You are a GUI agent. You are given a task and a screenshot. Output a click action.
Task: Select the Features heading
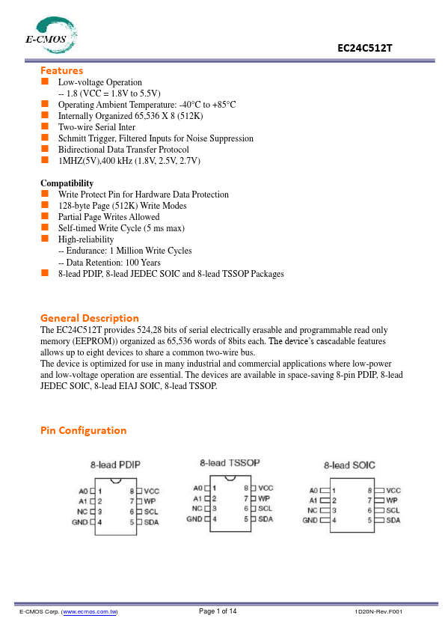point(61,70)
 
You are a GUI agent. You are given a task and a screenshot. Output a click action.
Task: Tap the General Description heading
point(89,317)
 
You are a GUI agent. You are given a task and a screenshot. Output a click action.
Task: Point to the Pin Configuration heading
point(83,430)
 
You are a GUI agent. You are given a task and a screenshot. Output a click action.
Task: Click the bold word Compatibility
point(67,183)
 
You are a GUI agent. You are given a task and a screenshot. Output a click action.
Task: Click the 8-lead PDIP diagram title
point(116,465)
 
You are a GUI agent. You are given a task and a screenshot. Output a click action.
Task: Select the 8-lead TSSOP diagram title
point(230,463)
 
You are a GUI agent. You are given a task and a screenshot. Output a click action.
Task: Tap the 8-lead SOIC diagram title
point(349,465)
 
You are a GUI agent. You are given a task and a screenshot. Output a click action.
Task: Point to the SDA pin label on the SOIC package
point(393,520)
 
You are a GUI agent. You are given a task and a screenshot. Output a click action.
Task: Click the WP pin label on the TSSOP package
point(264,498)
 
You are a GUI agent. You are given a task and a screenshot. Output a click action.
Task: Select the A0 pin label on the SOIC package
point(314,491)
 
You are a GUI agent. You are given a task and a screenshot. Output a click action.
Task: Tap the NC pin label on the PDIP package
point(83,511)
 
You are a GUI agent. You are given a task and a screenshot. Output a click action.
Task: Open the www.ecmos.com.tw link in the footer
point(90,612)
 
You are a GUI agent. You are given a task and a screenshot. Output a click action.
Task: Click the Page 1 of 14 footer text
point(218,612)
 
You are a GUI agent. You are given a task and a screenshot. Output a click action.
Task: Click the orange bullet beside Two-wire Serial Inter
point(45,126)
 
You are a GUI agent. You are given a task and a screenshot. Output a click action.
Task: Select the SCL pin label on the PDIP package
point(150,511)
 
